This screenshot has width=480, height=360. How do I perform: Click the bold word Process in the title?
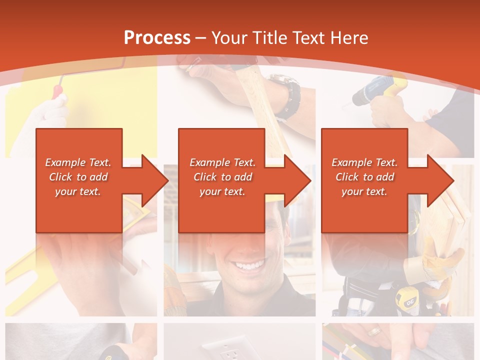click(157, 38)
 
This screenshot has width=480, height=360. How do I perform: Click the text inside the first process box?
click(78, 177)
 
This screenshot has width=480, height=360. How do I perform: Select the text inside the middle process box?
click(222, 177)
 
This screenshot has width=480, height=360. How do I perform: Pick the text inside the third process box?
click(364, 177)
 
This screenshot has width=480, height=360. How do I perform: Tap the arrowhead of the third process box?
click(440, 180)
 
